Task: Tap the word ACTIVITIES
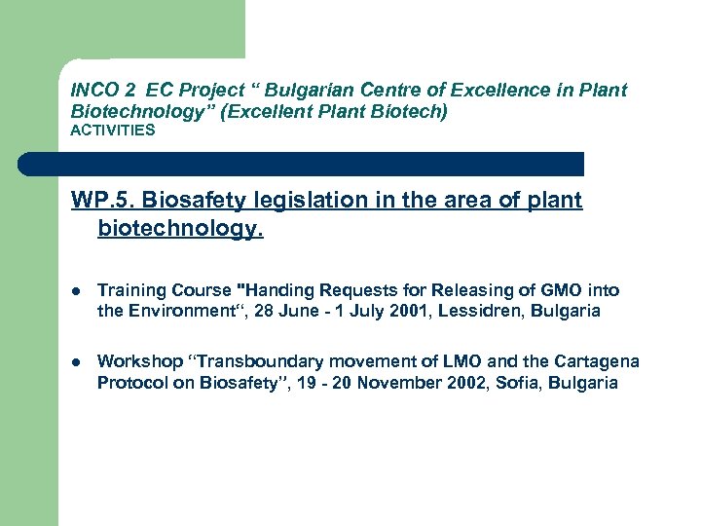[x=113, y=131]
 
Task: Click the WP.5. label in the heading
[x=101, y=201]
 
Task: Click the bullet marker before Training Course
[x=76, y=291]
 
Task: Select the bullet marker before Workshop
[x=76, y=362]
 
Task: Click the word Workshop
[x=135, y=361]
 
